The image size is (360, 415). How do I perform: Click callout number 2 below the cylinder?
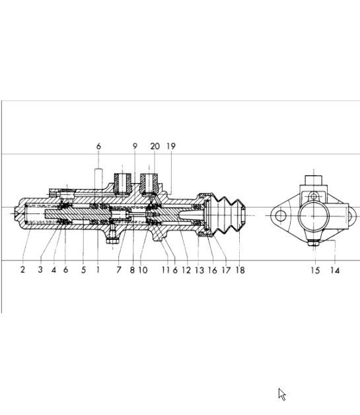click(x=22, y=270)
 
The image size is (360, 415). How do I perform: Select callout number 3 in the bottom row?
click(x=40, y=270)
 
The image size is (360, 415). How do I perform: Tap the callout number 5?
click(x=83, y=270)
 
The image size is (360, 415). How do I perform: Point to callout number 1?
click(x=98, y=270)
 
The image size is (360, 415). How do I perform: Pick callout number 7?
click(x=119, y=270)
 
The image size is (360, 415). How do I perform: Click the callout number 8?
click(x=131, y=270)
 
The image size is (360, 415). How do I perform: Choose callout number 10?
click(x=143, y=270)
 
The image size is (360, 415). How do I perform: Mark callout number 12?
click(x=186, y=270)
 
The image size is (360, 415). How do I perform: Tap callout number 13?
click(x=199, y=270)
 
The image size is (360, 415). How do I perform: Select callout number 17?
click(x=226, y=270)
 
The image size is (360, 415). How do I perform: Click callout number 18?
click(x=240, y=270)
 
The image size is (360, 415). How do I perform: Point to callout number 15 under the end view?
click(x=315, y=270)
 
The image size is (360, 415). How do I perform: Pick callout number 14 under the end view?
click(x=335, y=270)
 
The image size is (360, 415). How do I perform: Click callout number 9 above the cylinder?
click(x=135, y=147)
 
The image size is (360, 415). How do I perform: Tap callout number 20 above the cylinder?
click(x=155, y=147)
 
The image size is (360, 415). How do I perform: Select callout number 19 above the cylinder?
click(x=171, y=147)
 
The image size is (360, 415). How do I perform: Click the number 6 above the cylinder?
click(x=98, y=147)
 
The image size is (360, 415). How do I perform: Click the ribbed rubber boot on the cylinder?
click(x=227, y=215)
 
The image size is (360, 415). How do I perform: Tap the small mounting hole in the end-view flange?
click(x=281, y=215)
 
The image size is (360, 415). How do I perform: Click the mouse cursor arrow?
click(x=282, y=395)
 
